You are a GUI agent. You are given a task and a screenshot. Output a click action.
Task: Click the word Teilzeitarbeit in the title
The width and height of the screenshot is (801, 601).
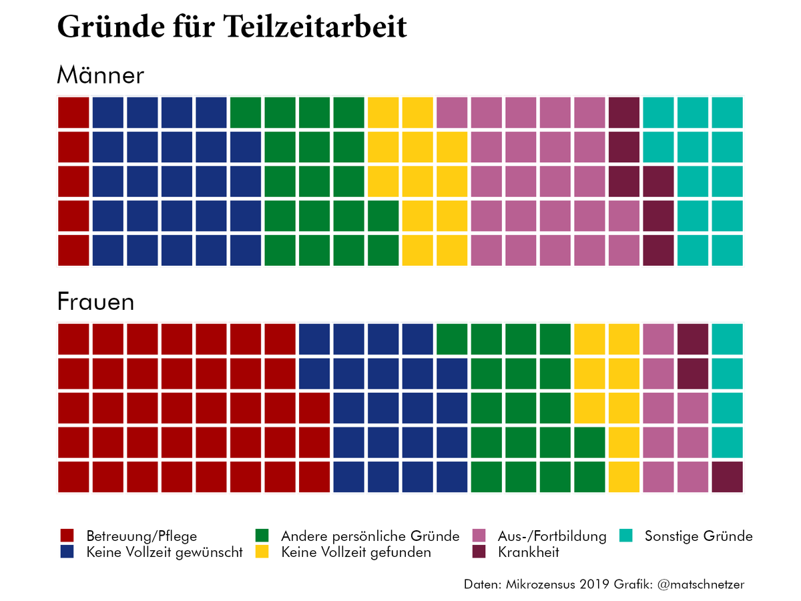click(314, 28)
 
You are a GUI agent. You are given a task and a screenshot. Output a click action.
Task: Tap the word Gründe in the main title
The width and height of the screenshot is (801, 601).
click(106, 28)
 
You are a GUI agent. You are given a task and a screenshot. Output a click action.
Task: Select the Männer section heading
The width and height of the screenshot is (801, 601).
click(100, 75)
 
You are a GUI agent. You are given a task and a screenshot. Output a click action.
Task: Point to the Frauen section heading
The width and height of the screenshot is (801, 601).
click(95, 302)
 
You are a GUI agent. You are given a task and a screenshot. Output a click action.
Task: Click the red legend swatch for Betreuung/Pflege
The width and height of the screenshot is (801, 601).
click(67, 536)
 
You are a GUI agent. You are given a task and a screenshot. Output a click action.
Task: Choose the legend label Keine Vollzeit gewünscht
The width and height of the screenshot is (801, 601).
click(164, 552)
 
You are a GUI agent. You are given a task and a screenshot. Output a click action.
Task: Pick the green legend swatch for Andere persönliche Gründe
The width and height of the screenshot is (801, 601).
click(262, 536)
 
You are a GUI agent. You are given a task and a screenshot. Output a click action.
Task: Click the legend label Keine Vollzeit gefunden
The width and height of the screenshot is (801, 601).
click(356, 552)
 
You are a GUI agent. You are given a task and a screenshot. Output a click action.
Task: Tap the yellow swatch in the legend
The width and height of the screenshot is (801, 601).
click(262, 552)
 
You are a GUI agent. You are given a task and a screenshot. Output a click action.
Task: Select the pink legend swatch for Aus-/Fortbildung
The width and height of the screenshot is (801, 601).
click(479, 536)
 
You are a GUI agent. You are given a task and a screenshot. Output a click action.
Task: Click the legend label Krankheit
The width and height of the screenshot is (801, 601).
click(528, 552)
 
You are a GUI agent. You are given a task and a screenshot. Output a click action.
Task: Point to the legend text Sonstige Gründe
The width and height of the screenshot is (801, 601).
click(698, 536)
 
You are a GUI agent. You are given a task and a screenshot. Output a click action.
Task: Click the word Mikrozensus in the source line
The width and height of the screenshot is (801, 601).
click(535, 584)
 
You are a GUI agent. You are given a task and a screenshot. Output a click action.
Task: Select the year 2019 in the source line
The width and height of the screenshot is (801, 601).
click(593, 584)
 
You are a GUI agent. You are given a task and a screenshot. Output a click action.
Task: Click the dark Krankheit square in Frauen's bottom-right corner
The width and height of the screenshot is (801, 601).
click(727, 477)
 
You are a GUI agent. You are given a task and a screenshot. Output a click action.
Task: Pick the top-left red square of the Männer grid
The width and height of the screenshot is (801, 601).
click(73, 112)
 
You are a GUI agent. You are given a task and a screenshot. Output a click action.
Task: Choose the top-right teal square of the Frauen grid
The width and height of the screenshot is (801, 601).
click(727, 339)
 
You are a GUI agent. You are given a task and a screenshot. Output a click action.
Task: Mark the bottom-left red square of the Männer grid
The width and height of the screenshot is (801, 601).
click(73, 250)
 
